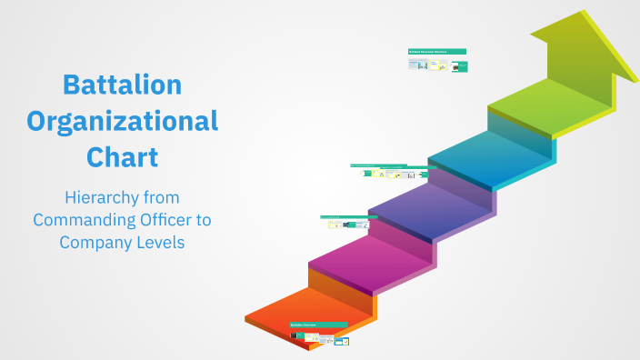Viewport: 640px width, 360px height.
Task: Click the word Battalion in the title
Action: click(x=122, y=85)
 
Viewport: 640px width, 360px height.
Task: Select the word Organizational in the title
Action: click(x=122, y=120)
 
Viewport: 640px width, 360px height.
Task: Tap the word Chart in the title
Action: click(x=122, y=156)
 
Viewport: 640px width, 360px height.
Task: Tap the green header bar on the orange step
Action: click(x=318, y=324)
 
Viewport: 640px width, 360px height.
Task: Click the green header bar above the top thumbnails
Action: click(x=437, y=52)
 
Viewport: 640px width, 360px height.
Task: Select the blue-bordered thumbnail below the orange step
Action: click(x=342, y=341)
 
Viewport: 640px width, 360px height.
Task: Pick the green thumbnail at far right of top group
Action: click(x=461, y=65)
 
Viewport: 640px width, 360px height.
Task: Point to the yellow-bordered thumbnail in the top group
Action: click(x=443, y=65)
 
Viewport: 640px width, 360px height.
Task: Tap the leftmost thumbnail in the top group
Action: click(x=413, y=65)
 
